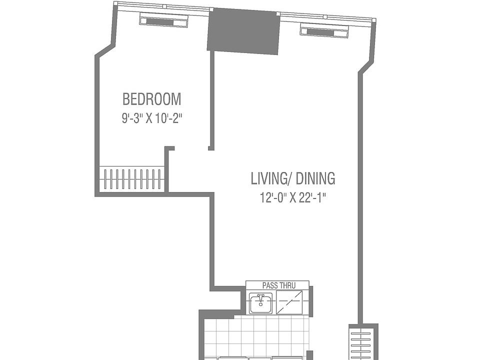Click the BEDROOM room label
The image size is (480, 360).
151,99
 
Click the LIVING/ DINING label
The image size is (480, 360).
292,178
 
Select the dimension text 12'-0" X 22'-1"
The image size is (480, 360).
292,198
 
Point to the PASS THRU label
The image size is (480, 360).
278,285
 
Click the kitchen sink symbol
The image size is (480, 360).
260,303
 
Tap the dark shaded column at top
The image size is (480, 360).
243,31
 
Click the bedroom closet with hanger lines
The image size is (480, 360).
132,178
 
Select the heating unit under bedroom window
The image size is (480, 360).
163,22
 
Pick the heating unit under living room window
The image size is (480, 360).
324,32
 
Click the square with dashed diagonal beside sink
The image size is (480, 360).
290,303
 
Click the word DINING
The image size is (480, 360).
315,178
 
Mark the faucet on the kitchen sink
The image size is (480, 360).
260,297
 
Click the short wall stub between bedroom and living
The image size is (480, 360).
211,100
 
